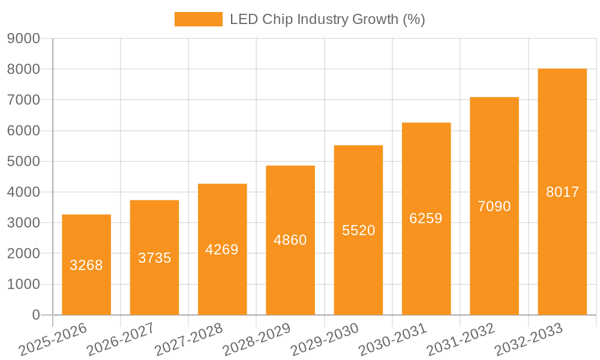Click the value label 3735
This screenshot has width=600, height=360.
tap(155, 258)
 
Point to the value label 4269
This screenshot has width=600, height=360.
tap(222, 250)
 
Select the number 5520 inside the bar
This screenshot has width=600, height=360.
tap(358, 230)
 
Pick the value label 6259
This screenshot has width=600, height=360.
tap(426, 218)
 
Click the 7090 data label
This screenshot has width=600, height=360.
tap(494, 206)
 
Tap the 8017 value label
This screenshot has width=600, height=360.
tap(562, 192)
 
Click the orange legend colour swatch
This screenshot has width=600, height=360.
tap(198, 19)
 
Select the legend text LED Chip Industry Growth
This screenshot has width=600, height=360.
tap(327, 19)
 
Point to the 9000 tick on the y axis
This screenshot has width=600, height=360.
tap(23, 38)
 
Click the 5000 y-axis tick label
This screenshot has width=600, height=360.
tap(23, 161)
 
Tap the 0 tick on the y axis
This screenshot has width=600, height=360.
tap(35, 315)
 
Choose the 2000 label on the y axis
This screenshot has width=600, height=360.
tap(23, 254)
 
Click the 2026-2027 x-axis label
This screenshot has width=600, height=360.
tap(121, 340)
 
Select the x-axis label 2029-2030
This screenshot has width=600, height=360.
tap(325, 340)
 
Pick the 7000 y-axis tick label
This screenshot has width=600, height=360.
tap(23, 100)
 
